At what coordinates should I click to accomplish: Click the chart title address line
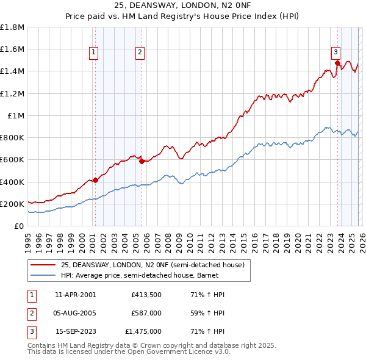tap(182, 5)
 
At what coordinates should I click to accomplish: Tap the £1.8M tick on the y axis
tap(12, 27)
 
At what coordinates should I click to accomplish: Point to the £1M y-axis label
tap(16, 115)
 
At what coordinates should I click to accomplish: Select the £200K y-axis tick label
tap(12, 204)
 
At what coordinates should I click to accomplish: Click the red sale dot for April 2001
tap(95, 180)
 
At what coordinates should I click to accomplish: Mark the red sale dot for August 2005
tap(142, 161)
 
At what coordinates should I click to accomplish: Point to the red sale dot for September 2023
tap(337, 63)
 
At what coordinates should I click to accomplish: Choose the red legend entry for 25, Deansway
tap(152, 265)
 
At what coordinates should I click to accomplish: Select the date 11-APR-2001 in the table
tap(75, 295)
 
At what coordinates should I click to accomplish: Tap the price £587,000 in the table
tap(146, 313)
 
